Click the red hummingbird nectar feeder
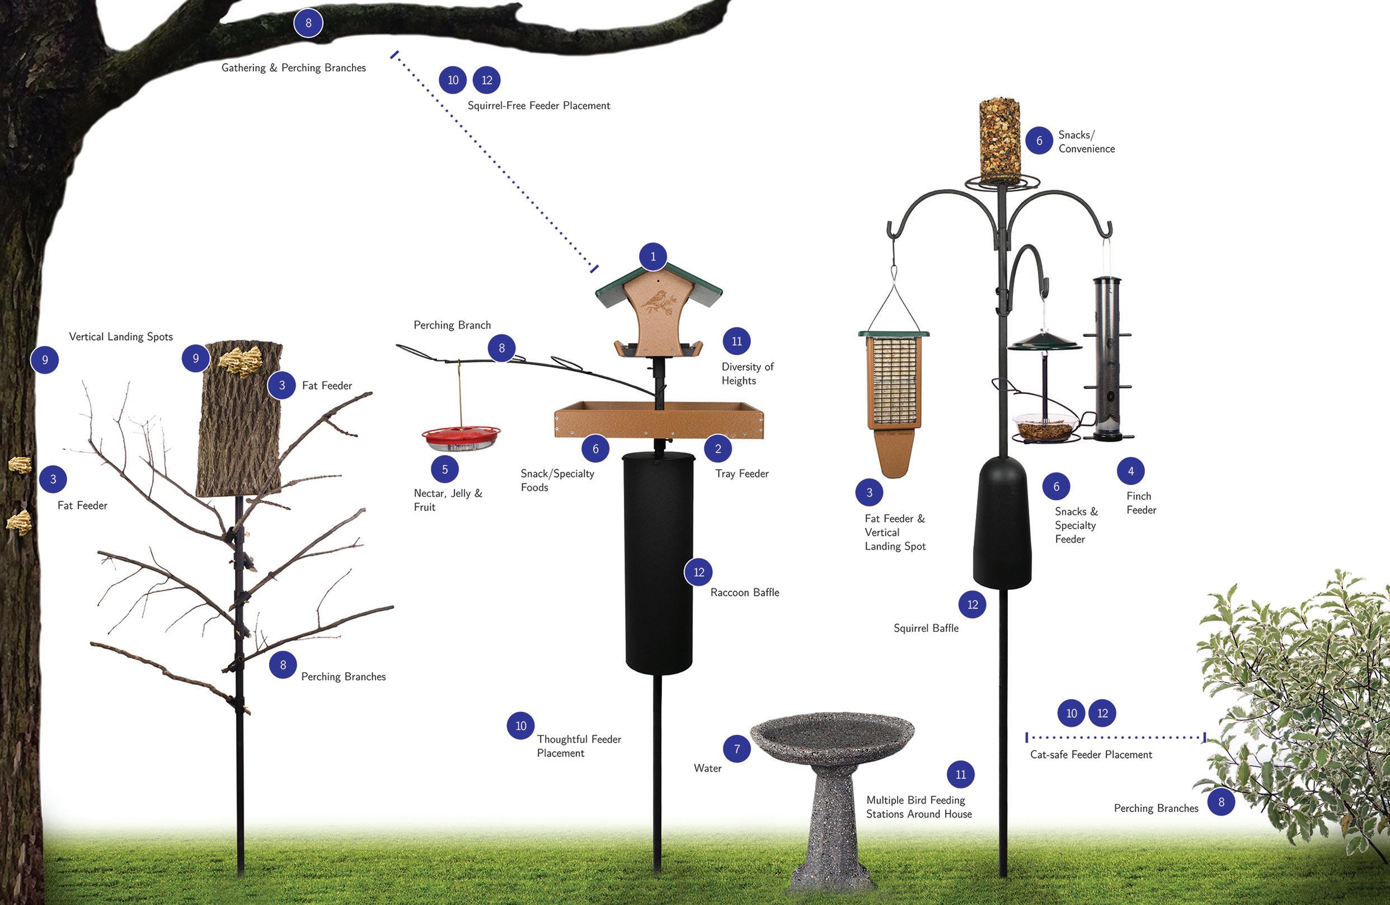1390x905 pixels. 461,438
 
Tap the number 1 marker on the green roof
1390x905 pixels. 653,256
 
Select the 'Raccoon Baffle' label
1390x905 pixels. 745,593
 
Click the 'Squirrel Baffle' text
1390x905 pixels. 926,628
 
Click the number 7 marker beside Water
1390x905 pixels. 736,749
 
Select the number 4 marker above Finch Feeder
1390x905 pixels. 1131,471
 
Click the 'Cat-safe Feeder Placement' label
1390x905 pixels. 1091,754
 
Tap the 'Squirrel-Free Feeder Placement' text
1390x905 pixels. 538,106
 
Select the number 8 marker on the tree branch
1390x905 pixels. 308,24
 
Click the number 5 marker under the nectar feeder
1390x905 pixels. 444,469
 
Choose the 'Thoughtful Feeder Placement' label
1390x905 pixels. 578,746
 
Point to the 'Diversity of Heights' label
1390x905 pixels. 746,373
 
